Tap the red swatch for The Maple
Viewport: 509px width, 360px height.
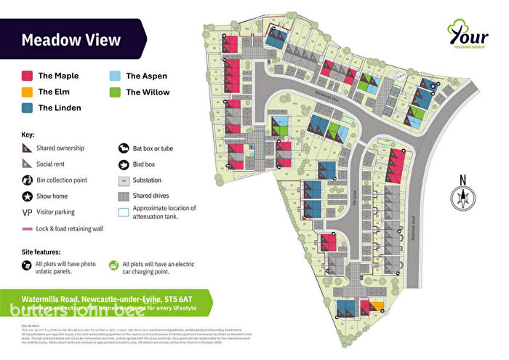click(27, 76)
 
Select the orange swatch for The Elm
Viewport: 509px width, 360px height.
click(27, 92)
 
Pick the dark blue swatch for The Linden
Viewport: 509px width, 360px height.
click(27, 108)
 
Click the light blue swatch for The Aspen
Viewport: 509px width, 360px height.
click(115, 76)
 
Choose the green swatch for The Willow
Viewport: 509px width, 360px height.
click(115, 92)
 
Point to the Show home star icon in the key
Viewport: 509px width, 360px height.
click(27, 196)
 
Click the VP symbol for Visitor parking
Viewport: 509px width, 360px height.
click(27, 212)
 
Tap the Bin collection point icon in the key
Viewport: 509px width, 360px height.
click(27, 180)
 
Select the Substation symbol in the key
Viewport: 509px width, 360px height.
click(124, 180)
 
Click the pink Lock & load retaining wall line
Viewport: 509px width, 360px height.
click(27, 228)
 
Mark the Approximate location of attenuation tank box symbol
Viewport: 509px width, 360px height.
click(124, 212)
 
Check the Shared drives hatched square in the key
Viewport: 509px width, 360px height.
click(124, 196)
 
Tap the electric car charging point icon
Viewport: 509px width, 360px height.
click(113, 265)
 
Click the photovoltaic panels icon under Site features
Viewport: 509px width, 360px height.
click(27, 265)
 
